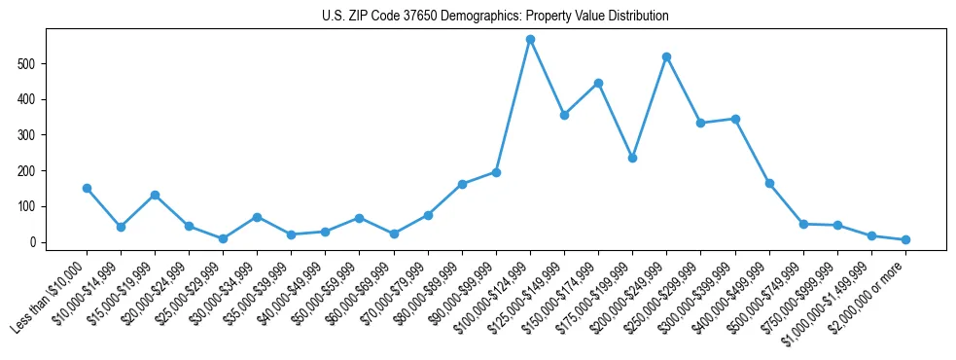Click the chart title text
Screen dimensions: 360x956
[495, 17]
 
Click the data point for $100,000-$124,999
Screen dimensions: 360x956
[530, 40]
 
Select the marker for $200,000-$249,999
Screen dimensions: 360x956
[666, 56]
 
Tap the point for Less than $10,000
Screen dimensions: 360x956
[87, 188]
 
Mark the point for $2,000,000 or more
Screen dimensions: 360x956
[905, 239]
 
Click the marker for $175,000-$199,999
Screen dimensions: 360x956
[632, 158]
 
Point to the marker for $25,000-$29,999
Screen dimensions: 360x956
[223, 238]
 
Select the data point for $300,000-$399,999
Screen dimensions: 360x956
[735, 119]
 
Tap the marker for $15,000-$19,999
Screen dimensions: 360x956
[155, 195]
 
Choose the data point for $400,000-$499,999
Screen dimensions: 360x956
[769, 183]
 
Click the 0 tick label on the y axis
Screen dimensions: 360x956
[34, 242]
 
